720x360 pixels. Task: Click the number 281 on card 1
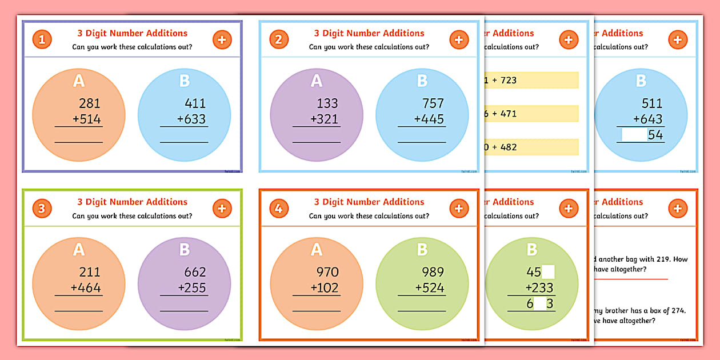89,103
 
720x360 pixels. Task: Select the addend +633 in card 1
191,119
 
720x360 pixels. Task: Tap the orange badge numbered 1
42,39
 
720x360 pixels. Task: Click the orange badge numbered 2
278,39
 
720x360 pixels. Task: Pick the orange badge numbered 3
42,209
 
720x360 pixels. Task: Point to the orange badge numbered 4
278,209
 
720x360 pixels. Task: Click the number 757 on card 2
433,103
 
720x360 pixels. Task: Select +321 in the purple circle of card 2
323,119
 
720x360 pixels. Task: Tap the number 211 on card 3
89,272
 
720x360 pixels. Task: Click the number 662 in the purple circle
195,272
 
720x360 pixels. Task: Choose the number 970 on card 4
327,272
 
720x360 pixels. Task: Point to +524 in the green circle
430,288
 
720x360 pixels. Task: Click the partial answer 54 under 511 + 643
655,135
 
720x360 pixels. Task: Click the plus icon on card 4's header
458,209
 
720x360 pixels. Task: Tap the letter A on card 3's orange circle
79,249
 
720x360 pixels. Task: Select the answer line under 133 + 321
317,141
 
